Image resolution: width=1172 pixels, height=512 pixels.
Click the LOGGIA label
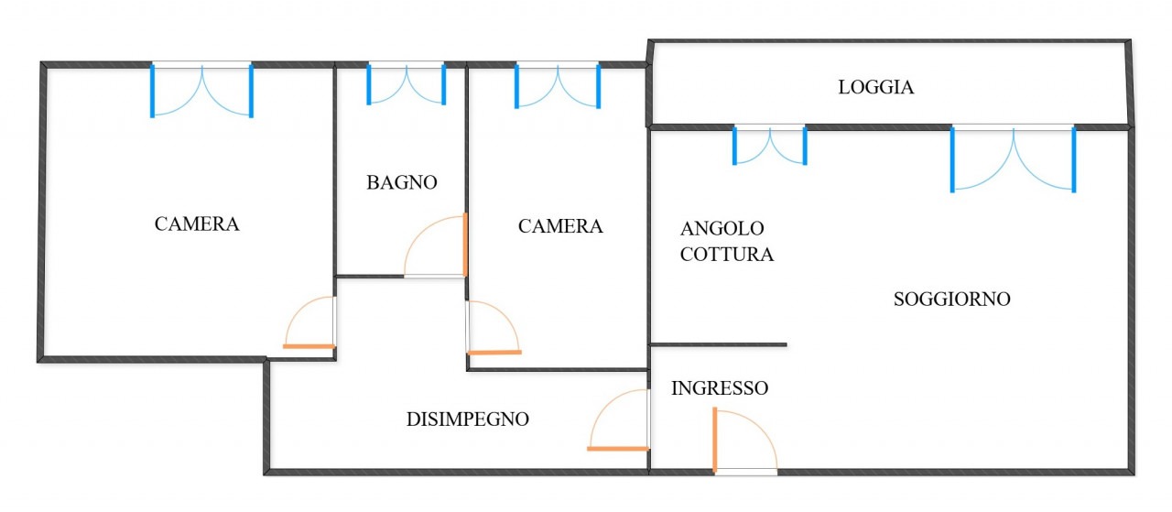876,88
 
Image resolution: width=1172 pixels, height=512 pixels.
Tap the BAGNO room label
402,182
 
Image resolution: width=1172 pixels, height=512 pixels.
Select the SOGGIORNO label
951,299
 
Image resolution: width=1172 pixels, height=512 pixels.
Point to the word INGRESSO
719,388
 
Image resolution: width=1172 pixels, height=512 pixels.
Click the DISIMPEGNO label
467,419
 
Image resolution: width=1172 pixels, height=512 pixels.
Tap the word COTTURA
727,255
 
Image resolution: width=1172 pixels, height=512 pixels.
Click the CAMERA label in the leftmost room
197,223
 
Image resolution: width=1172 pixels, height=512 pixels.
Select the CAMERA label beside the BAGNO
560,226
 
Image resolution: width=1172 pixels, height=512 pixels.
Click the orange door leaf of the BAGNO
465,245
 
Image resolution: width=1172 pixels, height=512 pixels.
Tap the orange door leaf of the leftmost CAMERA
309,345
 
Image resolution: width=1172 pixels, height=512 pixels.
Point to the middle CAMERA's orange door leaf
494,352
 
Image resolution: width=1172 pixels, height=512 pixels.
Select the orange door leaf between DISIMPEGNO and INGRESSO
617,448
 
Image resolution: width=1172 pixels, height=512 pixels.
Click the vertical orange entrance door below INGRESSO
714,440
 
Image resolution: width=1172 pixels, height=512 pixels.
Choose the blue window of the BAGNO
406,83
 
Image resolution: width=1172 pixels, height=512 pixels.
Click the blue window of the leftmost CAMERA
201,89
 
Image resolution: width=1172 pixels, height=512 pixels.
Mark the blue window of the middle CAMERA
557,85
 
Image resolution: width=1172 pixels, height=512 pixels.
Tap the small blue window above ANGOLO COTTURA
769,144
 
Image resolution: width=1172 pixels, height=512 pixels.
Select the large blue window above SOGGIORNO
1013,158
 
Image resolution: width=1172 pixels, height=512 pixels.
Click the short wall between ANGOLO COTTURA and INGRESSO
718,344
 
